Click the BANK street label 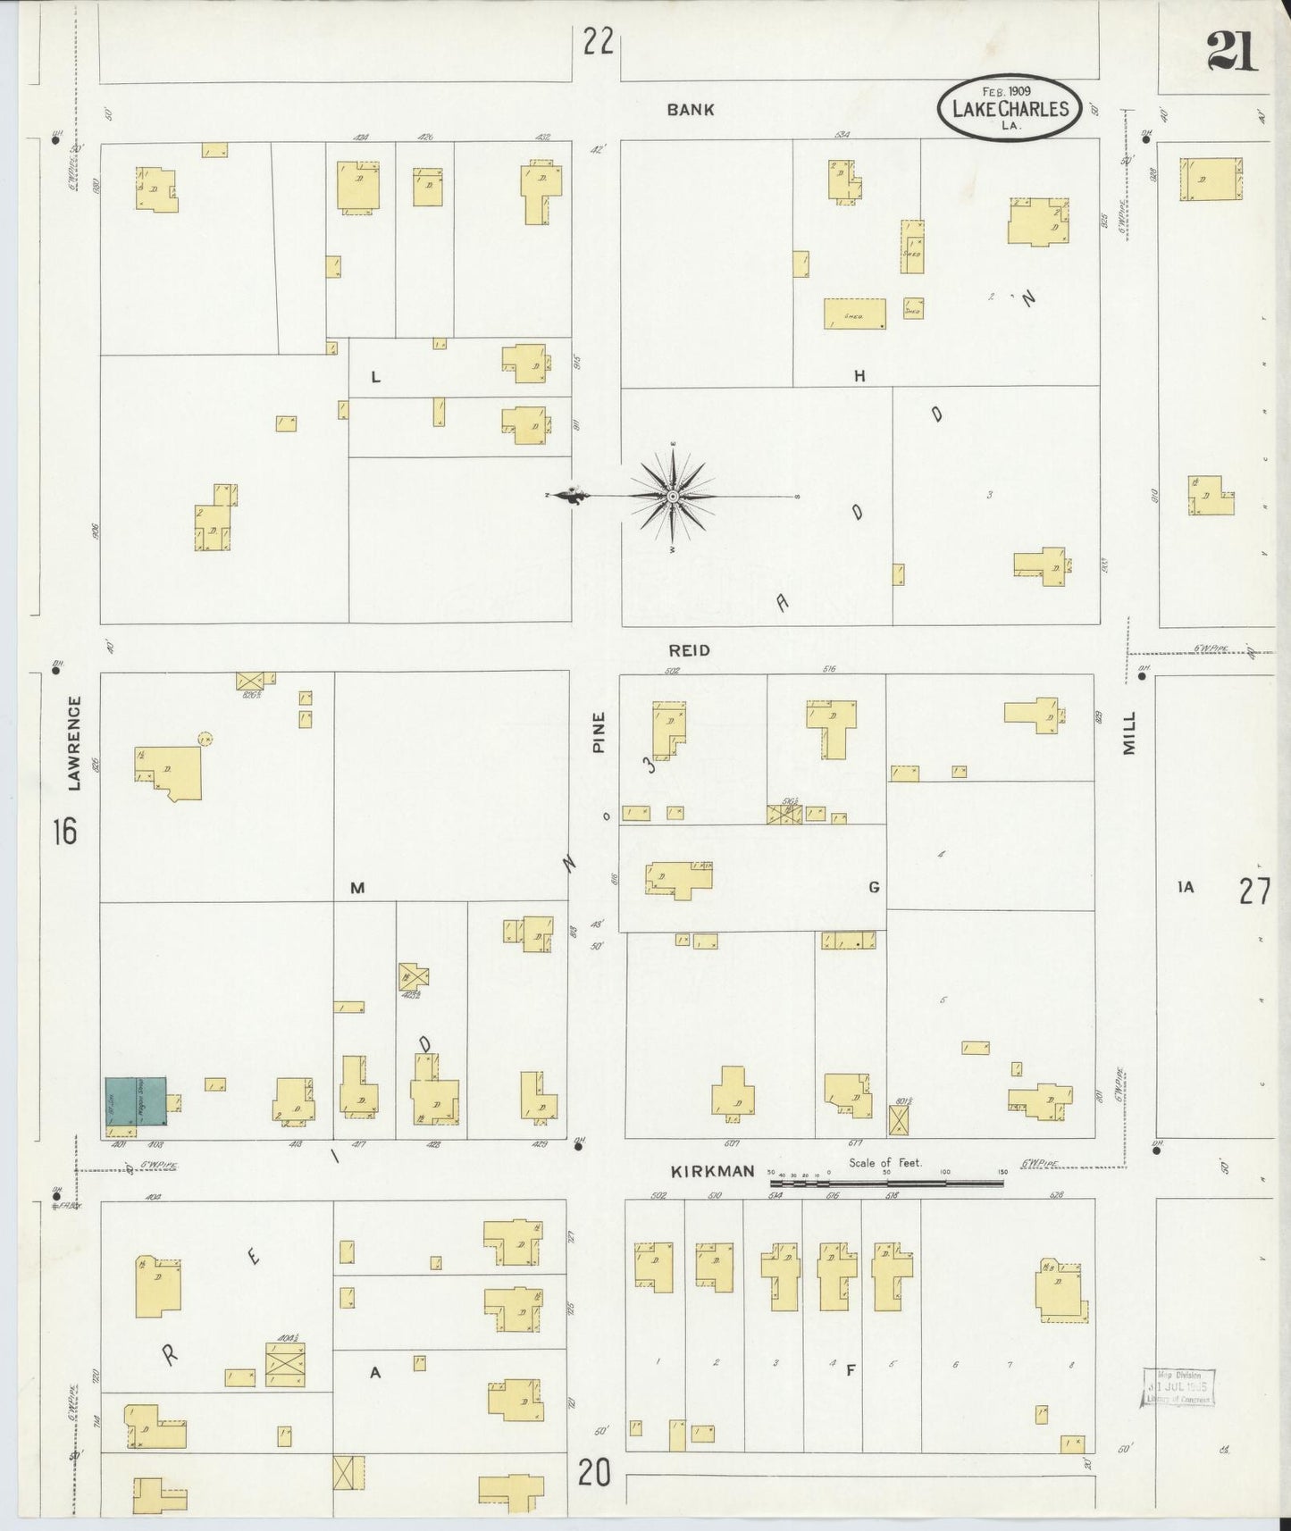[691, 110]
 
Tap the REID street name [690, 650]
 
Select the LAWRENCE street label [74, 743]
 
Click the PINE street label [599, 732]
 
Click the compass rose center [672, 496]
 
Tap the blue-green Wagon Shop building [136, 1100]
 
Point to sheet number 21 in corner [1232, 50]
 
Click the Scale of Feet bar [886, 1183]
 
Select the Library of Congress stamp [1178, 1386]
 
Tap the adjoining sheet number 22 [598, 41]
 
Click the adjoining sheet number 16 [64, 832]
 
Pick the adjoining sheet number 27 [1254, 891]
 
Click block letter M [357, 888]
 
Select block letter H [859, 377]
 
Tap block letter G [874, 887]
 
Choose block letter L [375, 377]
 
